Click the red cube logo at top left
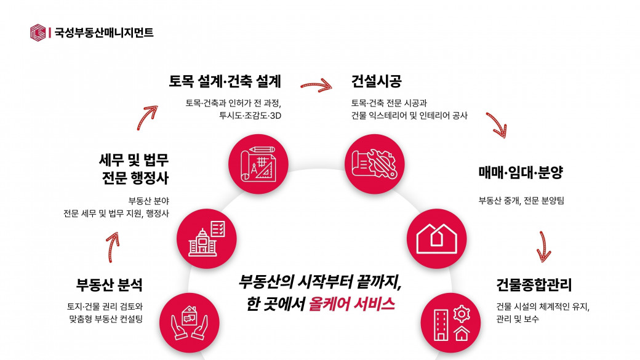click(38, 33)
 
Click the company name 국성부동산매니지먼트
click(104, 33)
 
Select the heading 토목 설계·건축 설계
click(225, 81)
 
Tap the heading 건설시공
click(377, 81)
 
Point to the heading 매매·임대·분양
click(521, 172)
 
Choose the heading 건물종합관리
click(534, 284)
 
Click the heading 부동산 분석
click(110, 284)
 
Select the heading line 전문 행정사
click(135, 178)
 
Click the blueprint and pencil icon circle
click(258, 164)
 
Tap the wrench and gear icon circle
click(375, 164)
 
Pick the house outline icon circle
click(437, 239)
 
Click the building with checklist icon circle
click(207, 239)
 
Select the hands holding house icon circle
click(190, 323)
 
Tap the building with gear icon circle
click(450, 323)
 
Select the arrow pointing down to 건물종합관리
click(543, 247)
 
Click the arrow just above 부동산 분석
click(113, 247)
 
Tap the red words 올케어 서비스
click(351, 304)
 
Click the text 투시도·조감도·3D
click(250, 116)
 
